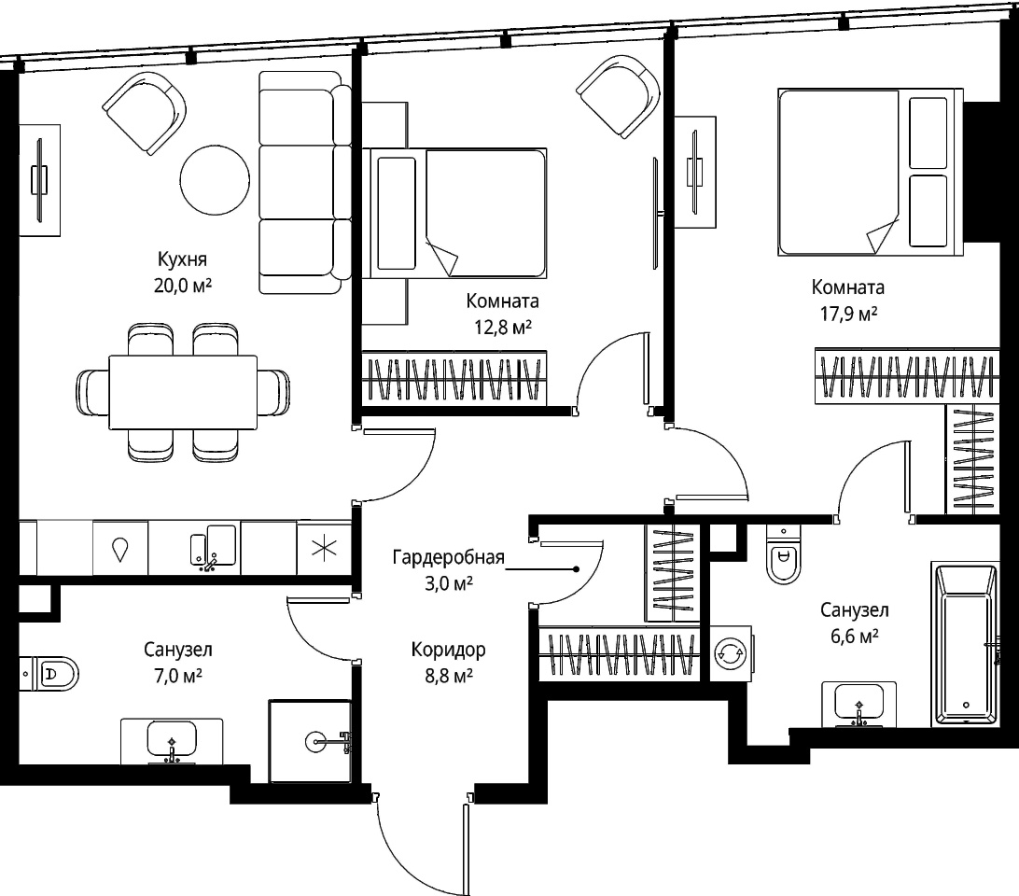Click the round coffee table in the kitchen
tap(215, 180)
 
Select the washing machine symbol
tap(731, 653)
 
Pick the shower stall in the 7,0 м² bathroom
tap(310, 740)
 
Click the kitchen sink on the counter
tap(213, 548)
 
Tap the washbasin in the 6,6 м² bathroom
tap(859, 704)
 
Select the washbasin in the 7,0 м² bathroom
tap(172, 741)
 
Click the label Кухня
tap(183, 259)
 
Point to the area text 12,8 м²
tap(502, 327)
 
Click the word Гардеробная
tap(449, 558)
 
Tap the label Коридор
tap(449, 650)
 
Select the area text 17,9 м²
tap(848, 314)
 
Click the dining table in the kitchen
tap(183, 392)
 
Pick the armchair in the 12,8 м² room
tap(619, 95)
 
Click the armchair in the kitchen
tap(145, 113)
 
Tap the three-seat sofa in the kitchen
tap(305, 182)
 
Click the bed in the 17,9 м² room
tap(871, 173)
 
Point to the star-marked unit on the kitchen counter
tap(325, 548)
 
